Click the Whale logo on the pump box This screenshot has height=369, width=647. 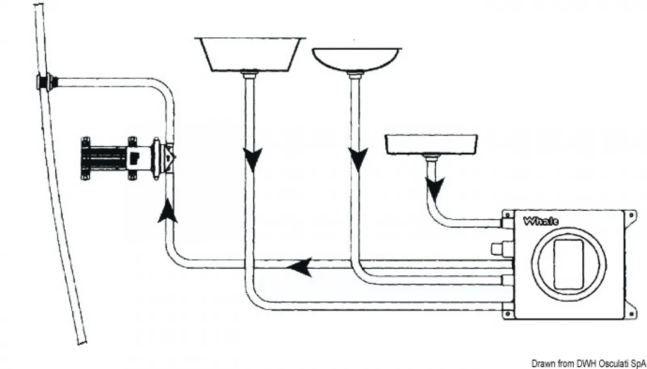coord(541,221)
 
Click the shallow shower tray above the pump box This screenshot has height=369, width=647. coord(431,145)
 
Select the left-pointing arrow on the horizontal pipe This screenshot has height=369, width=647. coord(300,267)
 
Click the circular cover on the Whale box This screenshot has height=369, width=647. coord(569,264)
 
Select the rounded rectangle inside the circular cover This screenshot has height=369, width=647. coord(569,264)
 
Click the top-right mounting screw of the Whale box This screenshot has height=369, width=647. coord(631,215)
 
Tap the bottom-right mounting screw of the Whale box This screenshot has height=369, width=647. coord(631,314)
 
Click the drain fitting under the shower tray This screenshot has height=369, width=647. coord(431,157)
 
